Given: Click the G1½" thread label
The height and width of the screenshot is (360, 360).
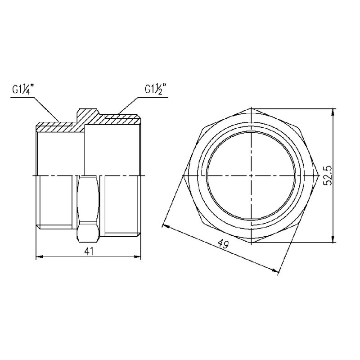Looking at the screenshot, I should tap(156, 89).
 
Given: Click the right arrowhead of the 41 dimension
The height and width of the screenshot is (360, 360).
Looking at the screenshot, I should tap(139, 257).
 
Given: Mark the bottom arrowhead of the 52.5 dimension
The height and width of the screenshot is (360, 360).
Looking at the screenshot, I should tap(333, 240).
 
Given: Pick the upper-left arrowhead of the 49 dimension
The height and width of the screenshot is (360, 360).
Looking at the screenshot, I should tap(166, 224).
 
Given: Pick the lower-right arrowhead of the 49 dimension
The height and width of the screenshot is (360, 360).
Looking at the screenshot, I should tap(276, 270).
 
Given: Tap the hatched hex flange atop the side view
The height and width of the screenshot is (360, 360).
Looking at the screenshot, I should tap(88, 114).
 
